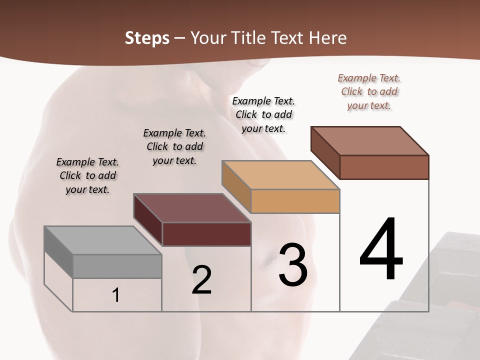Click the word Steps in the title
pos(147,38)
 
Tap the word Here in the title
pos(327,38)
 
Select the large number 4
pos(381,250)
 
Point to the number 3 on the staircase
pos(293,265)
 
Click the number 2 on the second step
pos(201,280)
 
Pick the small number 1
pos(116,295)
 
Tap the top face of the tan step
pos(280,175)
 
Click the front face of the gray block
pos(117,266)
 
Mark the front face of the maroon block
pos(206,234)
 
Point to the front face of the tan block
pos(295,201)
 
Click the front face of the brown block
pos(384,167)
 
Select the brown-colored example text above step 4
pos(369,92)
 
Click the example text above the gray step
pos(87,175)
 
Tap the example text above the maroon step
pos(174,146)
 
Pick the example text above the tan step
pos(263,114)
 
